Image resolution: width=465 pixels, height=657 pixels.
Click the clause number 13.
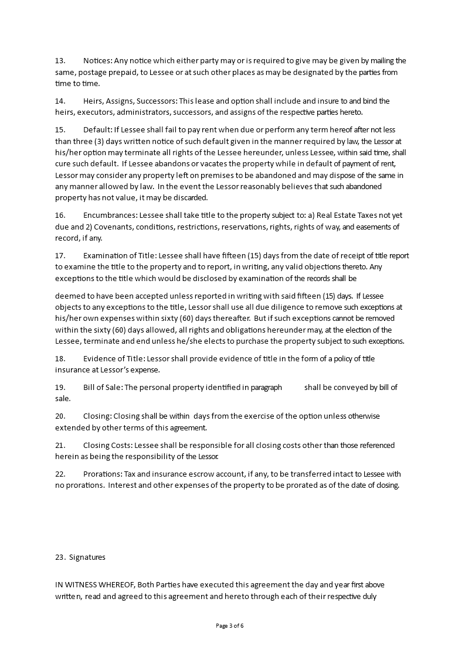60,61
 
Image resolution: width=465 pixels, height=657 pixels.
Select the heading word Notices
97,61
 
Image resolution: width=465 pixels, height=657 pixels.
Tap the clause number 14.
60,101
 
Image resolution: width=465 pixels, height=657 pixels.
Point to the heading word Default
97,129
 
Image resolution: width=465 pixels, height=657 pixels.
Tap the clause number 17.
60,255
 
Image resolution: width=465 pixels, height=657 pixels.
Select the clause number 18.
60,358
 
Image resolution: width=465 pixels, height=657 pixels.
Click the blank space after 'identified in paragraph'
293,387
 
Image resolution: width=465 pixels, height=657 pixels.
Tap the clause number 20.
60,416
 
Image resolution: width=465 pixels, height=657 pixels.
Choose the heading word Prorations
101,474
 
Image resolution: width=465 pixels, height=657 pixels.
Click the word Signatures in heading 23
87,557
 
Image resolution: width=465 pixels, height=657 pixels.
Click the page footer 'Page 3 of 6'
230,626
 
